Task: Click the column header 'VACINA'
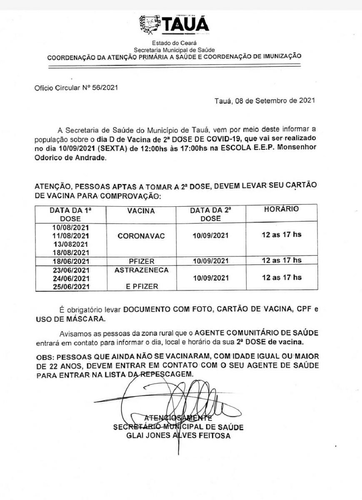tap(141, 211)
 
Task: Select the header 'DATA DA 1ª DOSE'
tap(70, 214)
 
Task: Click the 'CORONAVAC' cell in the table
tap(141, 236)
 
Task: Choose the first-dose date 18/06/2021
tap(70, 261)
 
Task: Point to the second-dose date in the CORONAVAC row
tap(210, 236)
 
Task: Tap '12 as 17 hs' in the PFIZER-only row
tap(281, 260)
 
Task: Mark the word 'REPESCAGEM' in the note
tap(167, 374)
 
